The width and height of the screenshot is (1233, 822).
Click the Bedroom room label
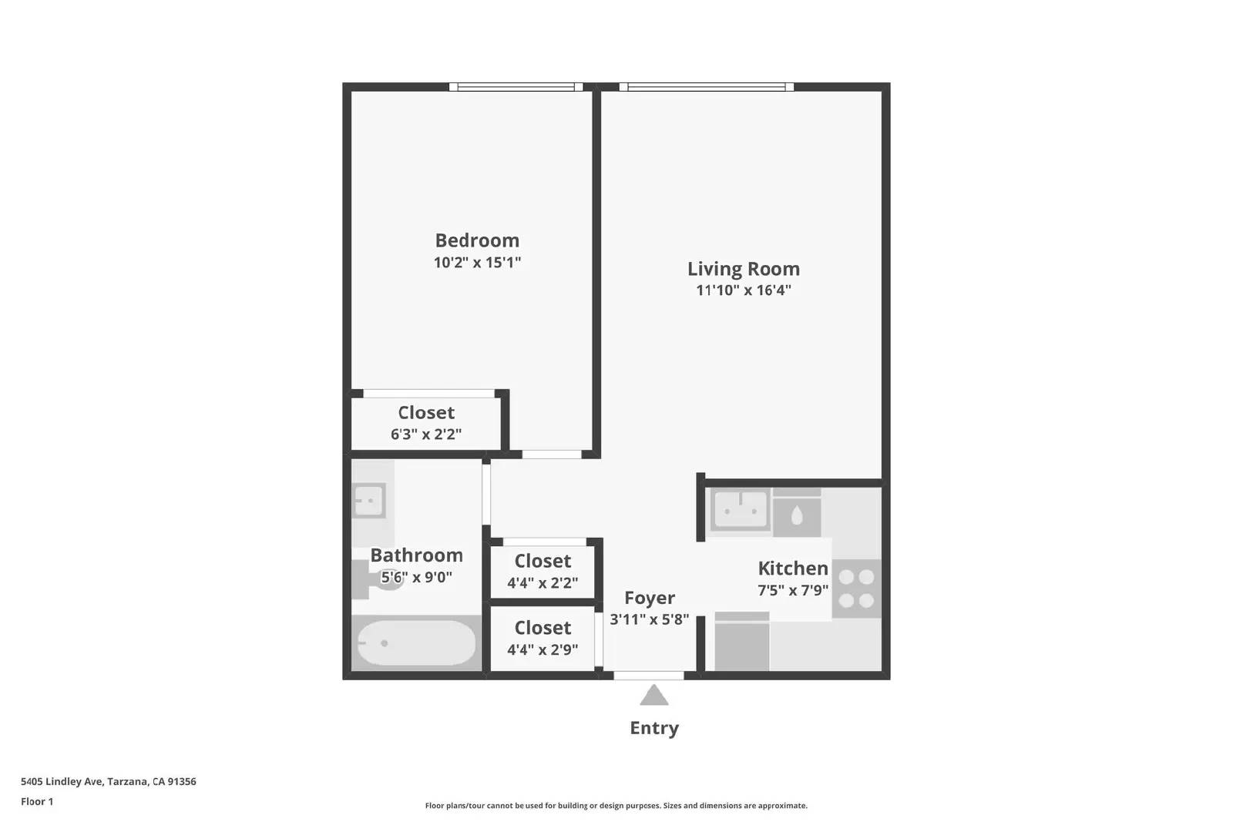tap(477, 240)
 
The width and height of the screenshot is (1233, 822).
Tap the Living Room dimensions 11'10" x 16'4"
tap(743, 290)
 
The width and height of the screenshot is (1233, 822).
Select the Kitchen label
tap(793, 569)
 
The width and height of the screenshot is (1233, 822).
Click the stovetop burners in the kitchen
tap(856, 589)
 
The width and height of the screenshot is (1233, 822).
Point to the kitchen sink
tap(741, 509)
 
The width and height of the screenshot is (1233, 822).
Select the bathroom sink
tap(368, 502)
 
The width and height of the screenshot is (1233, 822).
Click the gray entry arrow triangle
tap(654, 696)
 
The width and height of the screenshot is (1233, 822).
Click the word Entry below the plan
tap(654, 728)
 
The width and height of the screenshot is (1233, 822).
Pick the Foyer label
tap(650, 598)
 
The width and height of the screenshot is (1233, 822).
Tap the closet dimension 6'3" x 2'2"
tap(426, 434)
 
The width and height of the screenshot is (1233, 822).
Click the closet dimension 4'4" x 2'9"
tap(543, 650)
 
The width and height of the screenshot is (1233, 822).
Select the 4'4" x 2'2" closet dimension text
tap(543, 583)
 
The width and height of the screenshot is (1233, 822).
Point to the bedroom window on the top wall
tap(516, 87)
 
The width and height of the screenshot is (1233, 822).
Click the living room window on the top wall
tap(706, 87)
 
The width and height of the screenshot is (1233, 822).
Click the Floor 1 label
tap(37, 801)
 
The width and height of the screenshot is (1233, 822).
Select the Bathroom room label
tap(416, 555)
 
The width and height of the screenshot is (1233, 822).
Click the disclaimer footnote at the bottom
tap(616, 806)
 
